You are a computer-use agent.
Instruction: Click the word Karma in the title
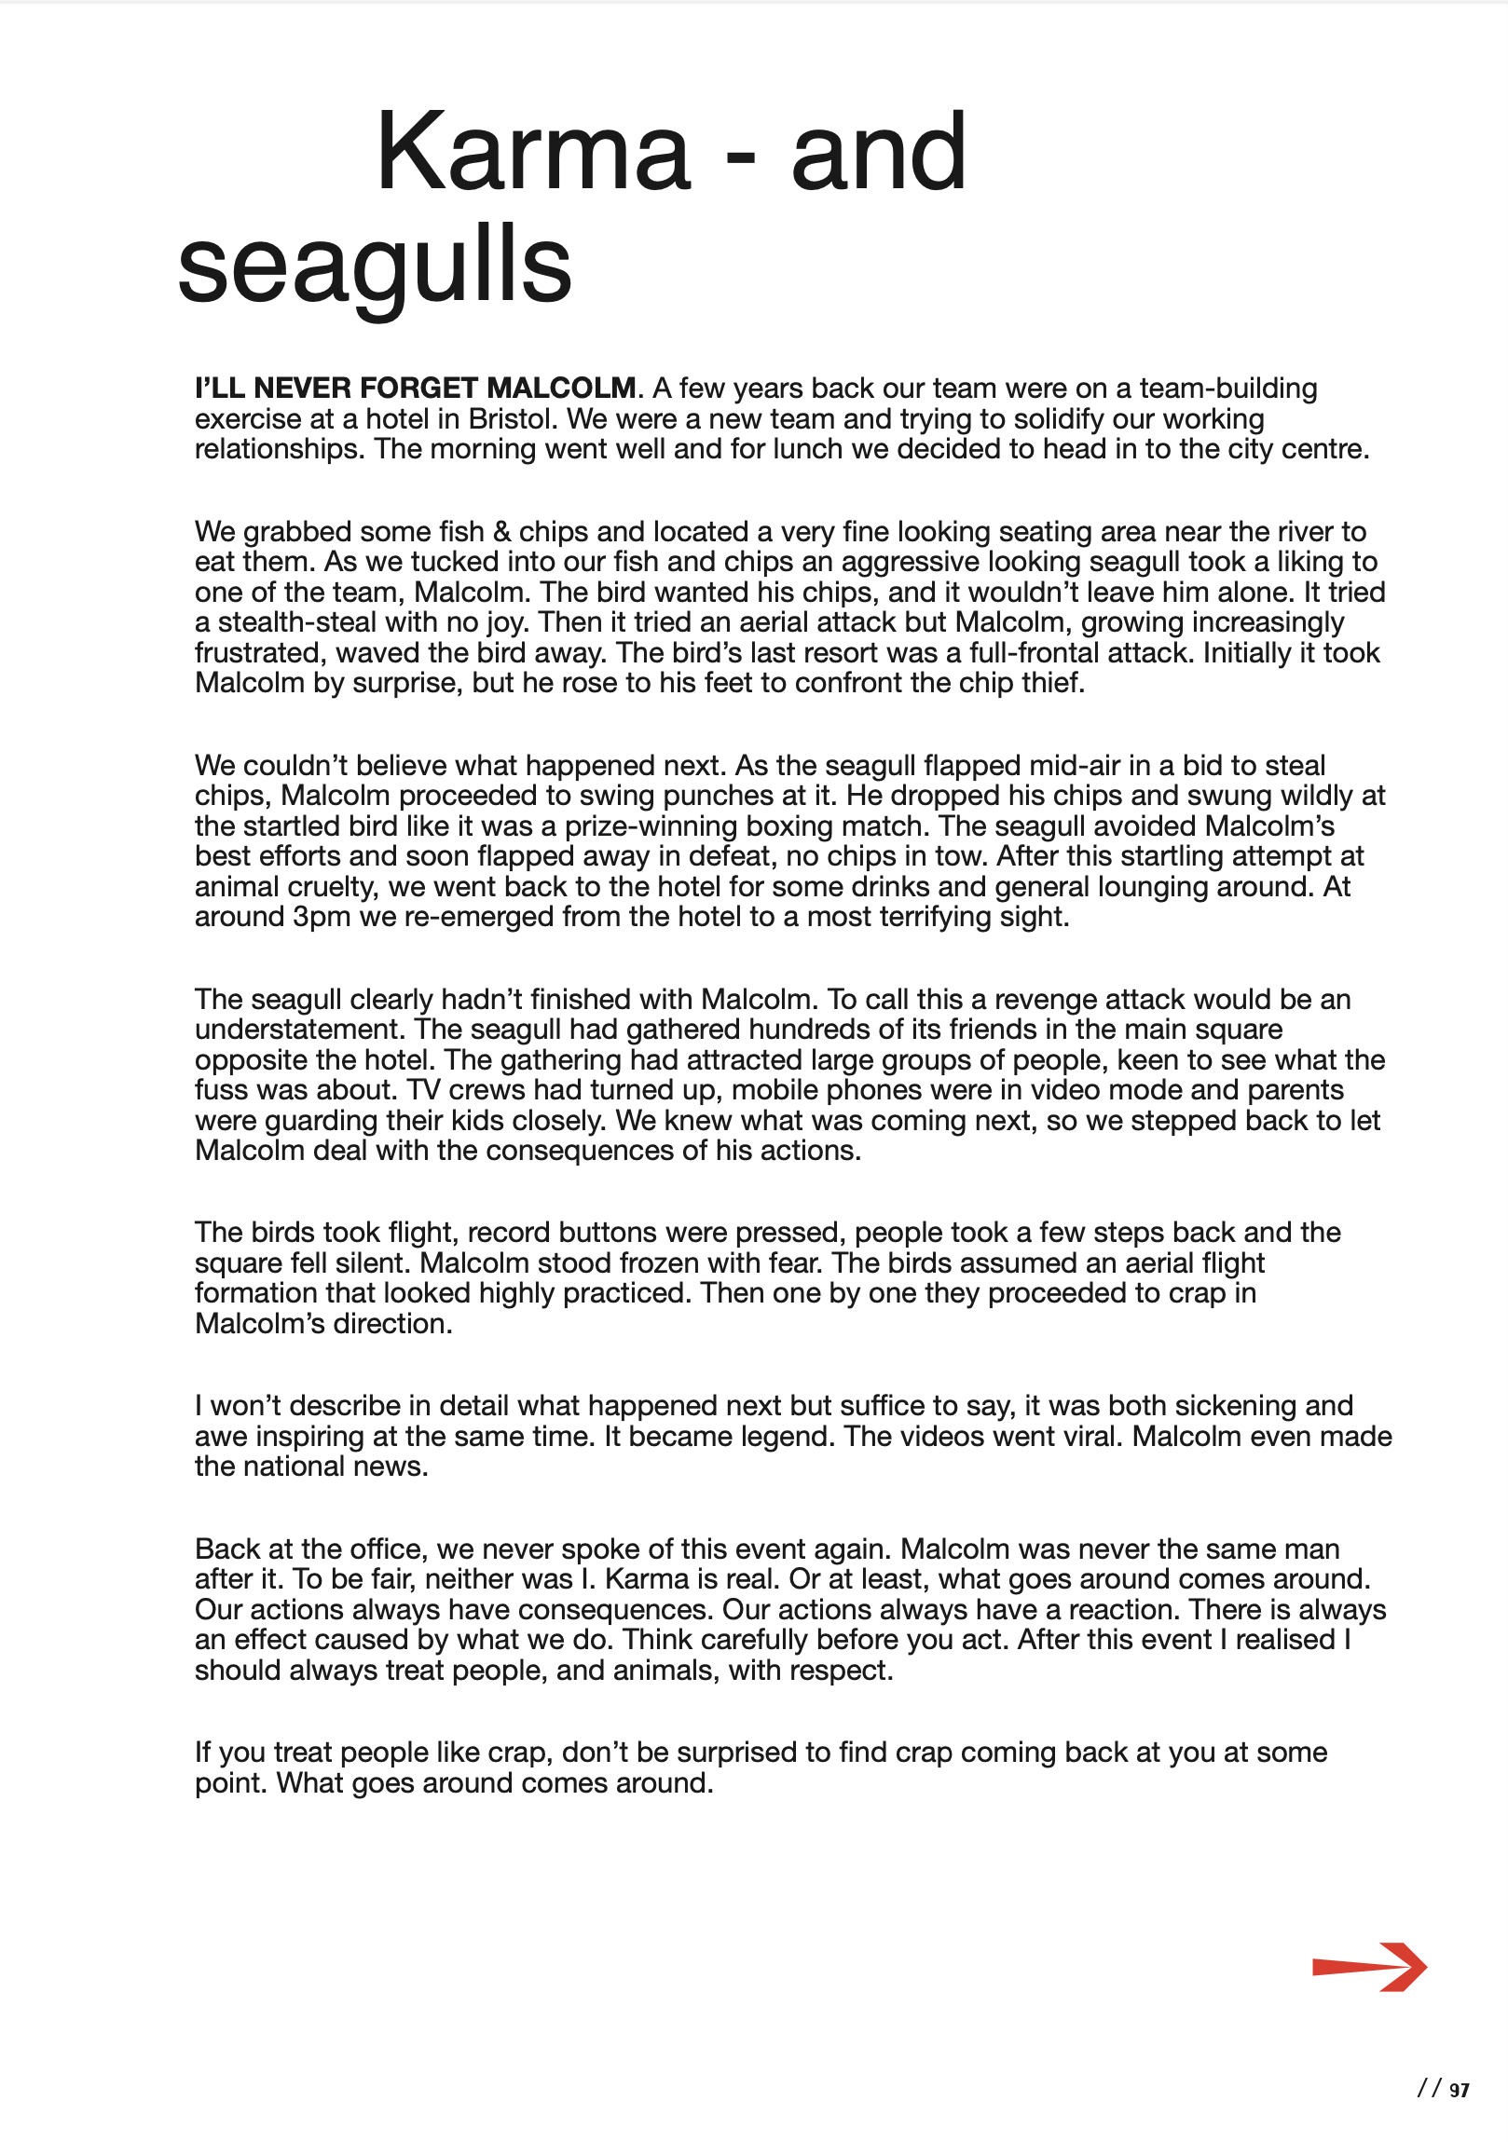[533, 152]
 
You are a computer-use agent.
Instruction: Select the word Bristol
[511, 419]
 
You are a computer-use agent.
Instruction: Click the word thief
[1052, 683]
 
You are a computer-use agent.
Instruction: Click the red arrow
[1369, 1968]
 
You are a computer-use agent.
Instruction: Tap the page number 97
[1460, 2091]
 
